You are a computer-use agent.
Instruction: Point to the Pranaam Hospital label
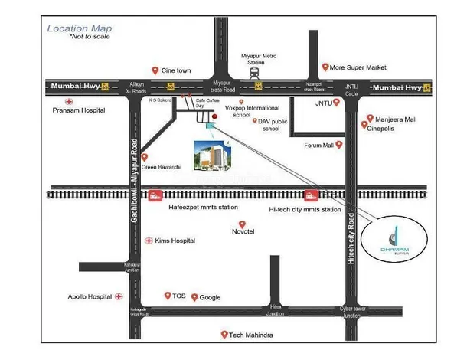click(80, 110)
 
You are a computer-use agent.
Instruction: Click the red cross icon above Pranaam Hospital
click(68, 100)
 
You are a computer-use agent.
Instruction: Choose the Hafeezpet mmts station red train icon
click(155, 196)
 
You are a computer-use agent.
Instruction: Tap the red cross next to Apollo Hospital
click(118, 296)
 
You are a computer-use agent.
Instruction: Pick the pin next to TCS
click(167, 295)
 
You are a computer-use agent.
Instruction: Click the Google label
click(210, 297)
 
